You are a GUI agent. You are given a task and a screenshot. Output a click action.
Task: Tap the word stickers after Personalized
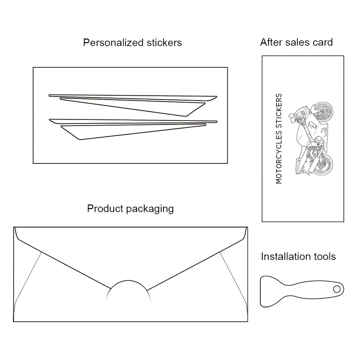[164, 43]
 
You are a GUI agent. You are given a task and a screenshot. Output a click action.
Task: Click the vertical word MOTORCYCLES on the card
[279, 157]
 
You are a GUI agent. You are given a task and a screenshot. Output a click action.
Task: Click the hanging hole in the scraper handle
[337, 289]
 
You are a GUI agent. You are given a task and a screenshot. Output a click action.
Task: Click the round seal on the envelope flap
[128, 293]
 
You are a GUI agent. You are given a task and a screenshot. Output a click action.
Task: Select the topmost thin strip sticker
[133, 96]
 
